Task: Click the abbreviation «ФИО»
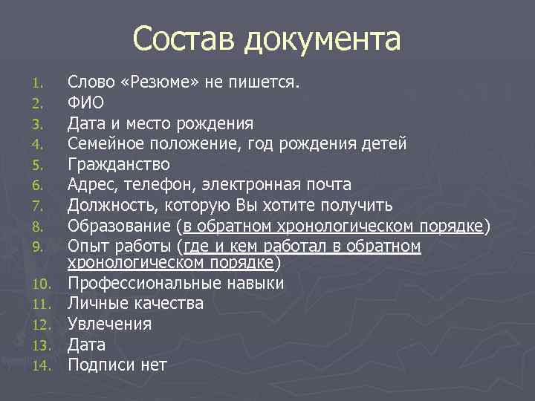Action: point(86,102)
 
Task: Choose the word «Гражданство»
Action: point(119,164)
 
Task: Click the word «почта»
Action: point(328,184)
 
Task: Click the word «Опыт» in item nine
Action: point(87,245)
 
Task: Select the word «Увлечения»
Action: point(109,325)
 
